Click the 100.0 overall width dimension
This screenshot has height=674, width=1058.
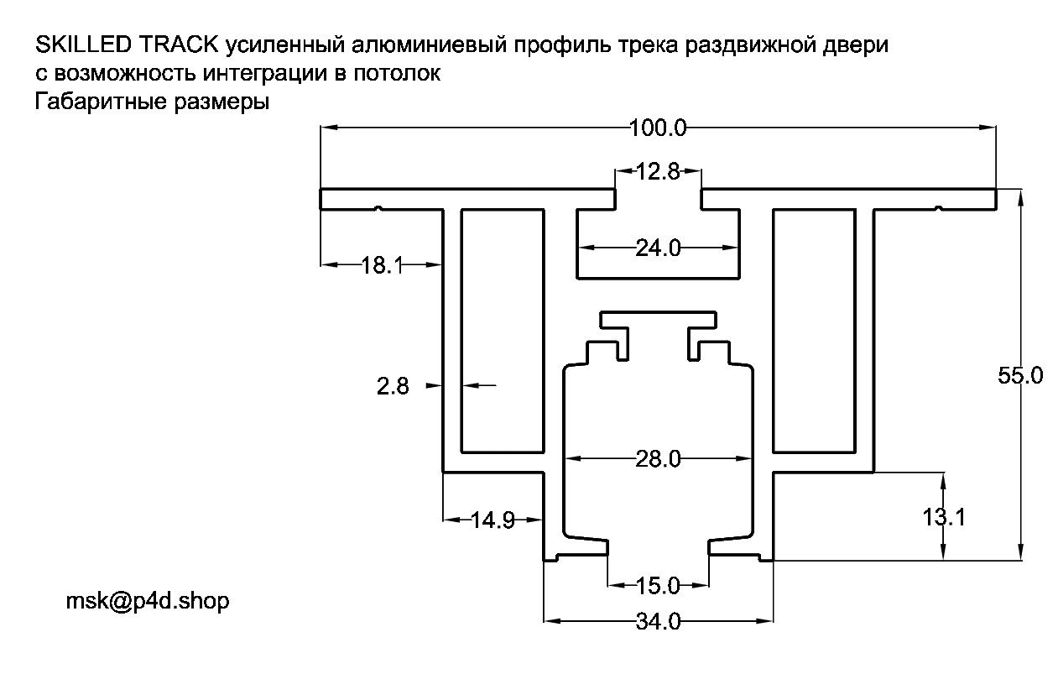pos(658,128)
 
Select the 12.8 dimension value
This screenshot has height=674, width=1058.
pos(658,171)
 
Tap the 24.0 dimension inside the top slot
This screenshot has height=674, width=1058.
pos(658,248)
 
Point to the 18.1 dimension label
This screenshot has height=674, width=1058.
pos(382,264)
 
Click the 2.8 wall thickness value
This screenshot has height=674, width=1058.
pos(393,386)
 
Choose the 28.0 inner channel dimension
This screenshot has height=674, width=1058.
pos(658,458)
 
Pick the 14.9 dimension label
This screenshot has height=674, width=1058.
pos(493,520)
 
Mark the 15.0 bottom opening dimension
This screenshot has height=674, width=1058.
pos(658,586)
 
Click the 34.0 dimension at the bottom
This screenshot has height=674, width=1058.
pos(658,621)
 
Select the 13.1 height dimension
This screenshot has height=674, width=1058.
pos(944,516)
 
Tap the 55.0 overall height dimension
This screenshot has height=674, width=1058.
pos(1020,376)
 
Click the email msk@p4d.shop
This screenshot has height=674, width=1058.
pos(148,601)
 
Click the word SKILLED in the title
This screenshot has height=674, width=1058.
pos(83,44)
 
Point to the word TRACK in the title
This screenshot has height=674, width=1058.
pos(179,44)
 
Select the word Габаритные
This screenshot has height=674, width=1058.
pos(101,102)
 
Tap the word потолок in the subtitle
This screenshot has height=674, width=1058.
pos(397,73)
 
